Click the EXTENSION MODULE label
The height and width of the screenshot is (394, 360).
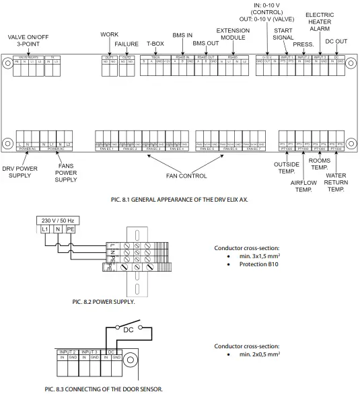[x=233, y=34]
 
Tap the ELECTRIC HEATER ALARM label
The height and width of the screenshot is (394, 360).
[x=319, y=22]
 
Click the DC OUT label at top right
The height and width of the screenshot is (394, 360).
[x=336, y=41]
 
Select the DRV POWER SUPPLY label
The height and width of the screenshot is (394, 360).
[x=20, y=171]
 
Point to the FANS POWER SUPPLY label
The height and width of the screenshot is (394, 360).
[x=66, y=171]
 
